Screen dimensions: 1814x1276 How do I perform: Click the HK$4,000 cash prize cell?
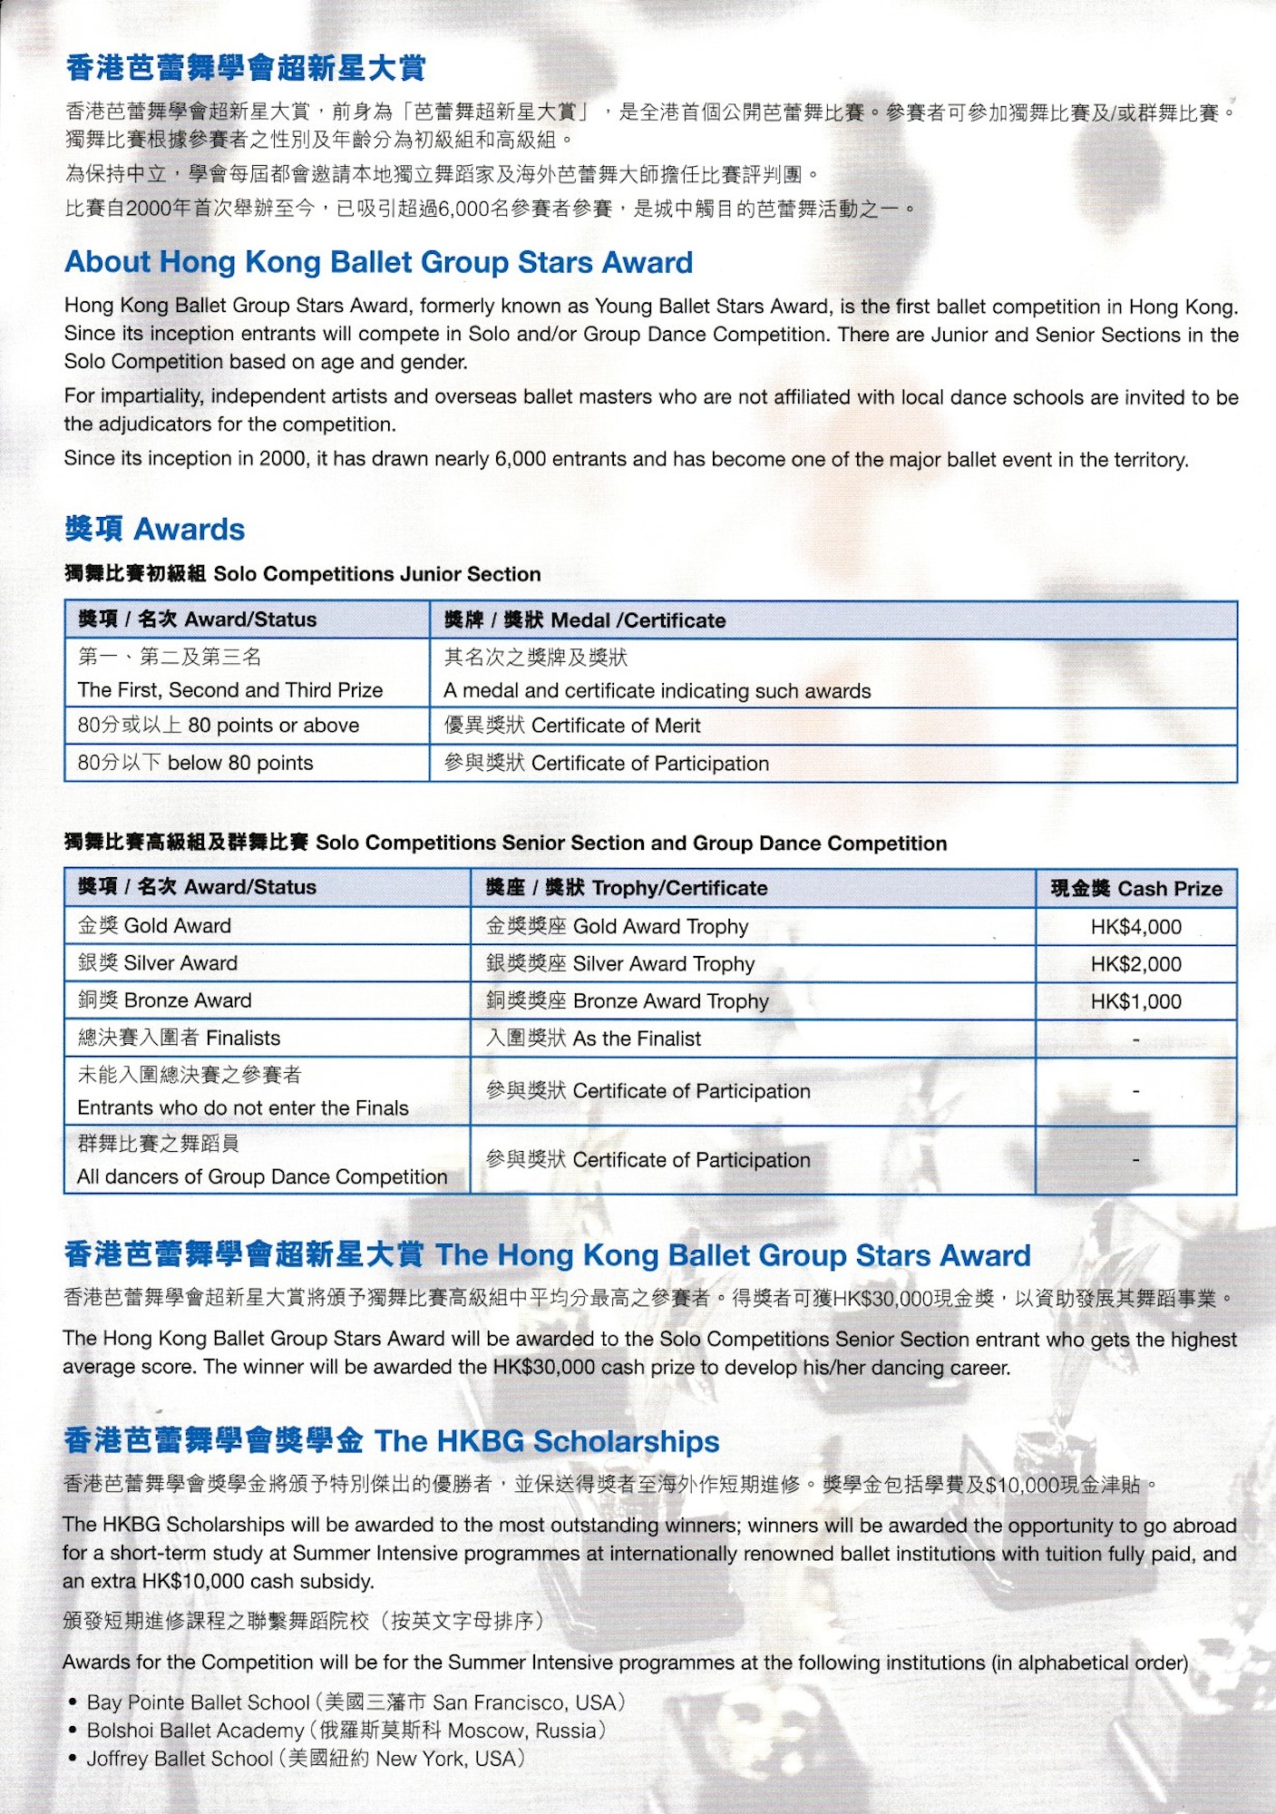pos(1135,927)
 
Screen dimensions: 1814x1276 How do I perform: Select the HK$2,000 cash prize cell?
pos(1135,964)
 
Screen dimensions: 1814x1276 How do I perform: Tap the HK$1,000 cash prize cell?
pos(1135,1001)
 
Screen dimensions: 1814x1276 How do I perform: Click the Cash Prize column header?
pos(1135,889)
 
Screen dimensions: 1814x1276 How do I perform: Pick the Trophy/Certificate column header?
pos(627,888)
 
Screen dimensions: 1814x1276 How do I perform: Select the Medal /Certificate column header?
pos(585,620)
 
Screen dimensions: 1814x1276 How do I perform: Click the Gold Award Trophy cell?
pos(618,927)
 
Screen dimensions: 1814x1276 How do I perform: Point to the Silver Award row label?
pos(158,963)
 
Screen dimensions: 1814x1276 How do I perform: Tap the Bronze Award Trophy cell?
pos(628,1001)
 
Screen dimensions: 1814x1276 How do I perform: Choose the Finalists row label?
pos(180,1038)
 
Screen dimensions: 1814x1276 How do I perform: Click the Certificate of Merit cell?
pos(572,726)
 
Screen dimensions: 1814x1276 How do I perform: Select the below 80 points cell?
pos(196,763)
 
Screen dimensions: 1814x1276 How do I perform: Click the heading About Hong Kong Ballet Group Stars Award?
pos(378,262)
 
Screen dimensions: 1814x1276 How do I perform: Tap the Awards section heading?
pos(155,529)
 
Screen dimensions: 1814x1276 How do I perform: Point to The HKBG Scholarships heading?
pos(392,1441)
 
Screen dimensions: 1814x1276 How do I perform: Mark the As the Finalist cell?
pos(594,1039)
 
